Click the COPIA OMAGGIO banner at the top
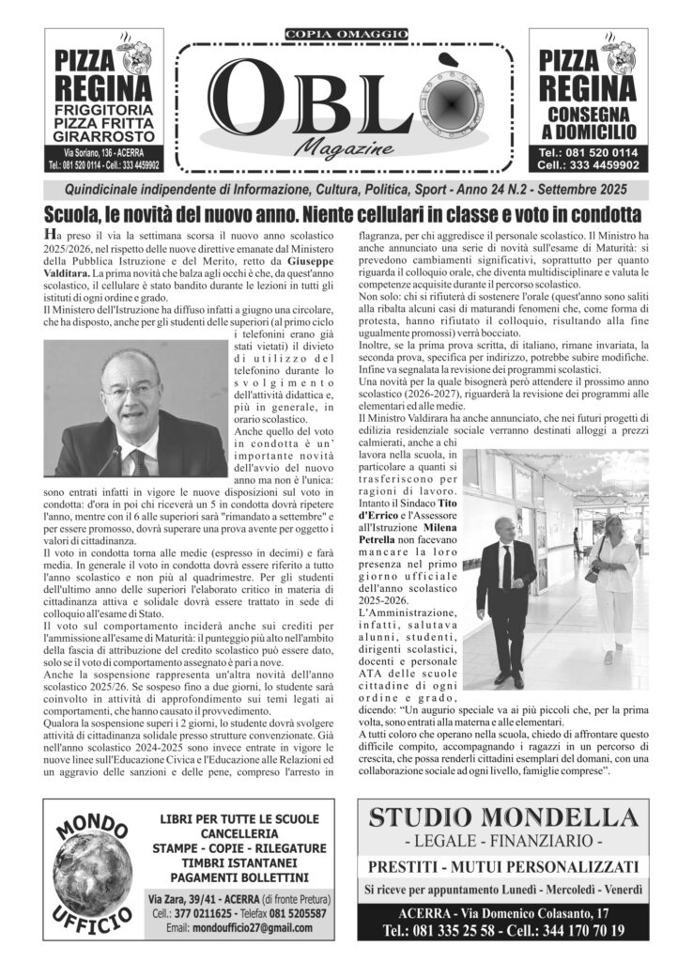[346, 35]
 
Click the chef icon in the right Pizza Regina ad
[620, 57]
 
